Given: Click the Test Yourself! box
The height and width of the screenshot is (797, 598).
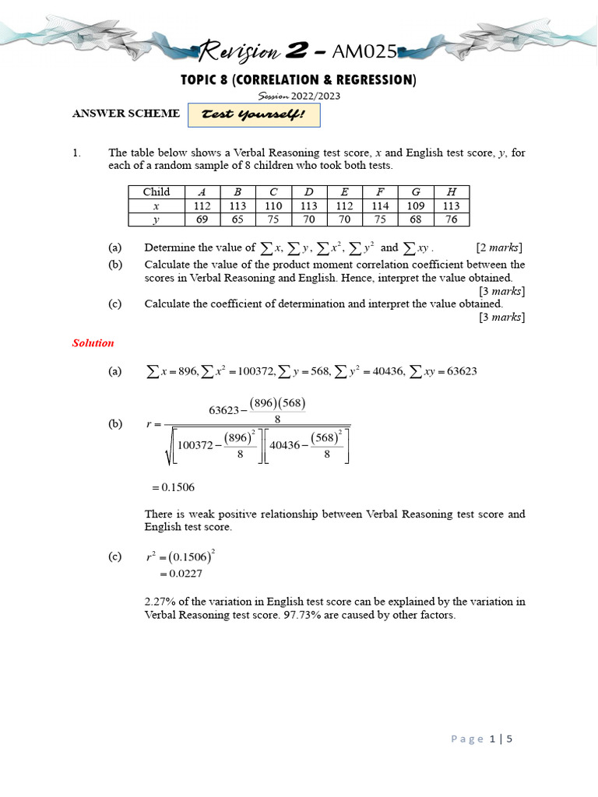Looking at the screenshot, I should tap(254, 115).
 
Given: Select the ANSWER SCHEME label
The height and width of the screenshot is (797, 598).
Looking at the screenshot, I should tap(125, 114).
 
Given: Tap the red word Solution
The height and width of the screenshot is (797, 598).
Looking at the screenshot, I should tap(93, 342).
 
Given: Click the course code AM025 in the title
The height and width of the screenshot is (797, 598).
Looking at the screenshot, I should tap(364, 53).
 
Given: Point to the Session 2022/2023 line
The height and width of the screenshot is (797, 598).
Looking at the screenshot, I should tap(299, 96).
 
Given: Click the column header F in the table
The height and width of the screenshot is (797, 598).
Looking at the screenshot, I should tap(381, 192).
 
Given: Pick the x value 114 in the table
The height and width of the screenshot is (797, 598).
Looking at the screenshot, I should tap(381, 205).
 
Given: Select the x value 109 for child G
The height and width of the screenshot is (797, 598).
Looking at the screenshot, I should tap(416, 205).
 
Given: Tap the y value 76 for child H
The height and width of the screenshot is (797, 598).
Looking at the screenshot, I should tap(452, 219).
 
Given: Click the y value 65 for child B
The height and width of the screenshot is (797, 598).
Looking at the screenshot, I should tap(237, 219).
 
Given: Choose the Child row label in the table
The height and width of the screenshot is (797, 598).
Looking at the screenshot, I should tap(156, 192).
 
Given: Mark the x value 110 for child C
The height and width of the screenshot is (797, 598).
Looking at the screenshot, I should tap(273, 205).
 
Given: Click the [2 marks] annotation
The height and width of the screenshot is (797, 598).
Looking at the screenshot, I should tap(499, 248).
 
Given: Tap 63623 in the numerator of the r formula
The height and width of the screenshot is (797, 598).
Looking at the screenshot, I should tap(227, 410).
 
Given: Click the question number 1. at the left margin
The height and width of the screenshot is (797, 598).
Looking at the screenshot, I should tap(76, 153).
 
